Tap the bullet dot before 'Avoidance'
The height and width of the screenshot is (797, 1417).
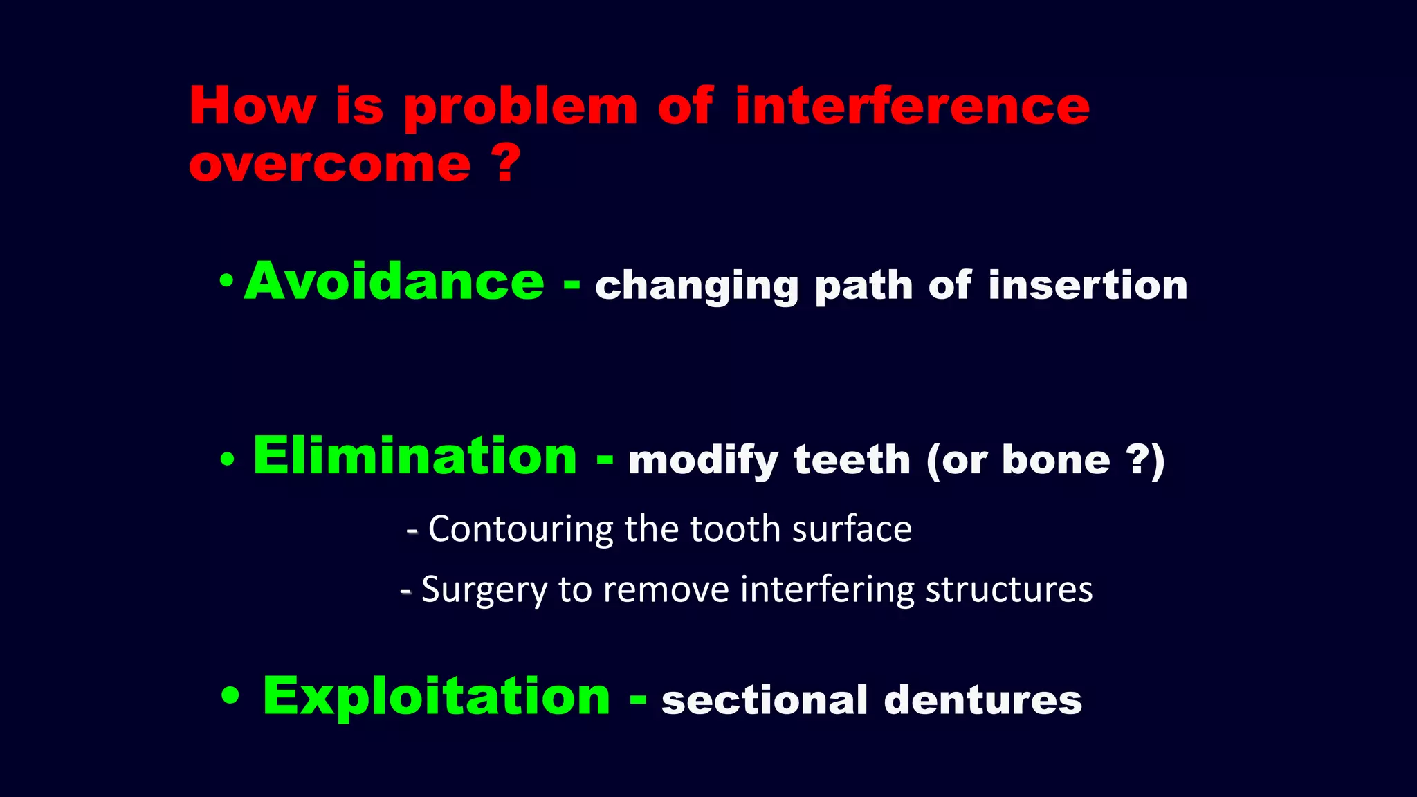(x=226, y=281)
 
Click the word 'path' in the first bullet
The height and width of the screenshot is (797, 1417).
(x=863, y=286)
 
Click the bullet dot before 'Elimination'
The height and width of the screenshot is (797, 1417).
(x=227, y=459)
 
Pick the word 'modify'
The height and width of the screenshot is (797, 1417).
(x=702, y=461)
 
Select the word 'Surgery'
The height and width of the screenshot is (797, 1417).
(x=484, y=590)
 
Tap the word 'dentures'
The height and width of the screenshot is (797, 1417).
(x=982, y=699)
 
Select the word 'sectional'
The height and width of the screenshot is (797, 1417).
(x=764, y=699)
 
